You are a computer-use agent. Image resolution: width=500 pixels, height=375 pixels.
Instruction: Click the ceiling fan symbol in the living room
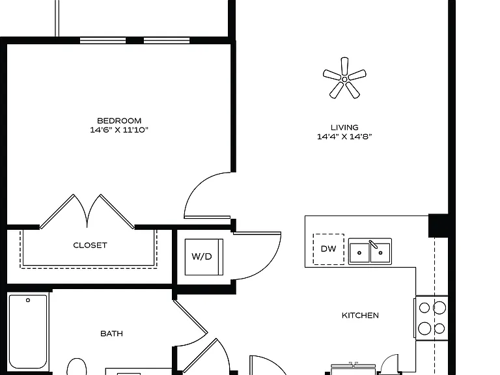344,79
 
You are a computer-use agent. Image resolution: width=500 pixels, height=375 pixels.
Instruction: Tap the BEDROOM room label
119,121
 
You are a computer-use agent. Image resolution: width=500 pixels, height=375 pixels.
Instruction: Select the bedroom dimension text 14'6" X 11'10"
119,130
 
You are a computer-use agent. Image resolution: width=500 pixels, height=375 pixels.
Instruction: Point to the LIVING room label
344,128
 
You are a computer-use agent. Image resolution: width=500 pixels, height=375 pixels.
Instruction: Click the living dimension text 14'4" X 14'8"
344,137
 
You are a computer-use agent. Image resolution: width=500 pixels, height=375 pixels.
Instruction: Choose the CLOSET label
90,245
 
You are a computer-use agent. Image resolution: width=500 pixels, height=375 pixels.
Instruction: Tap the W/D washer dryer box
204,257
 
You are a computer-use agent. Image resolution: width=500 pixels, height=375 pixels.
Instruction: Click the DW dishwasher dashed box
328,249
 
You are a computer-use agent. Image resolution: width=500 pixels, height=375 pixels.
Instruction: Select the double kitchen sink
370,251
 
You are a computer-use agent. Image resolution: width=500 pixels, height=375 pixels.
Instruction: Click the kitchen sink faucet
374,244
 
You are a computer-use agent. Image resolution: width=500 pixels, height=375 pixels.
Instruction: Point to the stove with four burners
432,318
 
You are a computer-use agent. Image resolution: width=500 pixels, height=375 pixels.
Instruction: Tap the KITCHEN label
360,315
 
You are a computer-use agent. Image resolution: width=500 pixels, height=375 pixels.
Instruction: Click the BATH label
111,333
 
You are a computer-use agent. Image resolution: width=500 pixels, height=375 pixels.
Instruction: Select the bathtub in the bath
28,331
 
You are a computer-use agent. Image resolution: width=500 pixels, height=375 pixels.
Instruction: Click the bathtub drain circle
28,300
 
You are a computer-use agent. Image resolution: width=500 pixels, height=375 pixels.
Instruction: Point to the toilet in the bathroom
77,367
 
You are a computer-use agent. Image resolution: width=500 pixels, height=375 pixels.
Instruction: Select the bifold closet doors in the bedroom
87,211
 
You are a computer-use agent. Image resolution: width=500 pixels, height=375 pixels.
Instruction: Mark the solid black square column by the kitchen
438,226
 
